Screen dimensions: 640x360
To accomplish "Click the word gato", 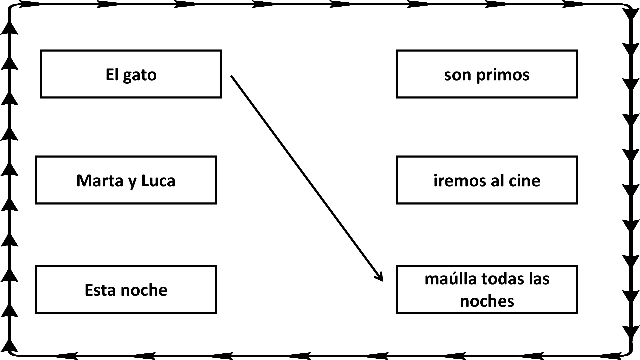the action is tap(140, 75).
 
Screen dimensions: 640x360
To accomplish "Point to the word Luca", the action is tap(158, 181).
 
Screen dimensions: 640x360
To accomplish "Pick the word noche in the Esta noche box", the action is tap(144, 290).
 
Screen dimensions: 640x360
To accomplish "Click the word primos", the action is tap(503, 75).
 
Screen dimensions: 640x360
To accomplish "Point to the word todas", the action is tap(503, 279).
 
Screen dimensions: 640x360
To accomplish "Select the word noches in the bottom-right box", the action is tap(487, 301).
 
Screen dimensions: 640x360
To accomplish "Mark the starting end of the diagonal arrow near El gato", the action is tap(231, 76).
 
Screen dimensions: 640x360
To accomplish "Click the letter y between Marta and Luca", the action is tap(132, 182).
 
